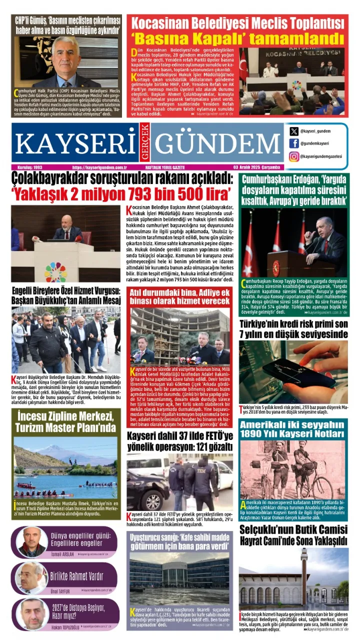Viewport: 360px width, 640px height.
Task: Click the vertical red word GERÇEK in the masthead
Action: point(145,143)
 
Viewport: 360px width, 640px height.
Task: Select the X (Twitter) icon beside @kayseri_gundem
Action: point(294,131)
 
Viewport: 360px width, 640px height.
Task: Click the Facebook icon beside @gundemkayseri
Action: point(294,143)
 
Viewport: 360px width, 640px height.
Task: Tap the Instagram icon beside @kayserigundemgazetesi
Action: point(294,156)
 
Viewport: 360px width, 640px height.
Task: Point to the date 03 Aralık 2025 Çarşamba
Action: point(256,167)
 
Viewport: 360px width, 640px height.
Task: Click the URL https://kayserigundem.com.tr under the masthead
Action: point(99,167)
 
